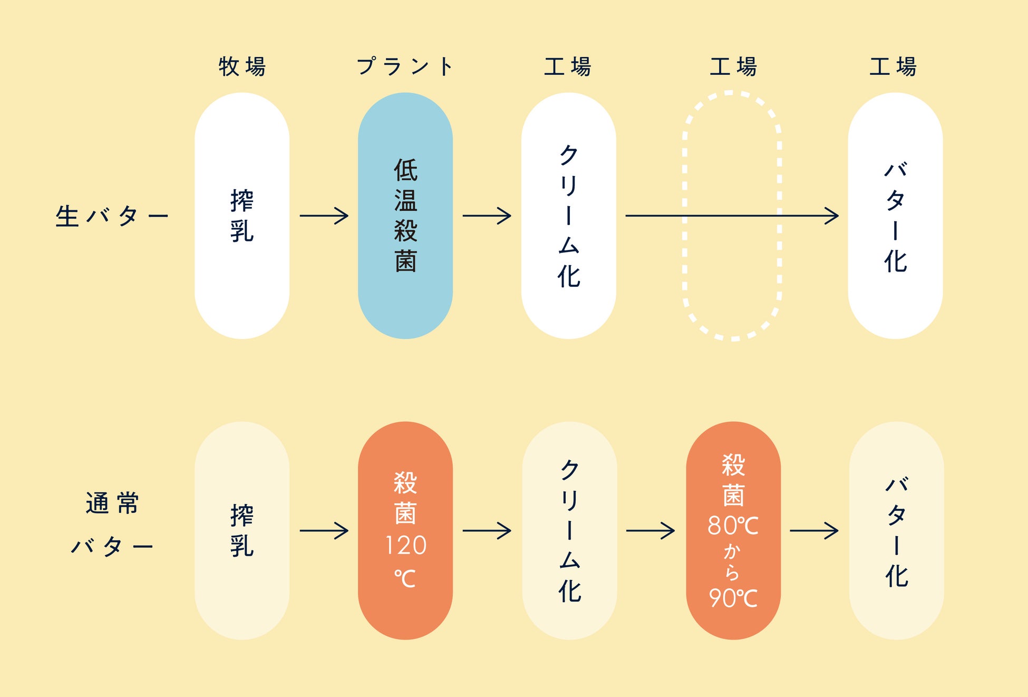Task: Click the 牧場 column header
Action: point(242,67)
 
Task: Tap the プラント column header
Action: point(404,67)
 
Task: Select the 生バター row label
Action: point(112,216)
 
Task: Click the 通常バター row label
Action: point(112,524)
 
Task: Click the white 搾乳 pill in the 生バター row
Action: point(241,216)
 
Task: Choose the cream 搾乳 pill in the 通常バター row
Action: point(241,530)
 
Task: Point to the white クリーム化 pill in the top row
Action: point(568,216)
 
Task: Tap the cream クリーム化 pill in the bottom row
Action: point(569,530)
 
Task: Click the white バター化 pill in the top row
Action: point(895,216)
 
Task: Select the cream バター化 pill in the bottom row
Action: point(896,530)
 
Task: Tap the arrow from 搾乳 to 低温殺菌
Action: point(324,216)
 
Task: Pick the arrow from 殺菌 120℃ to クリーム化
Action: point(487,530)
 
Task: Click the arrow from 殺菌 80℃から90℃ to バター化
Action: point(813,530)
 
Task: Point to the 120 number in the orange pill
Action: point(405,546)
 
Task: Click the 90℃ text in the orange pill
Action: point(733,598)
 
